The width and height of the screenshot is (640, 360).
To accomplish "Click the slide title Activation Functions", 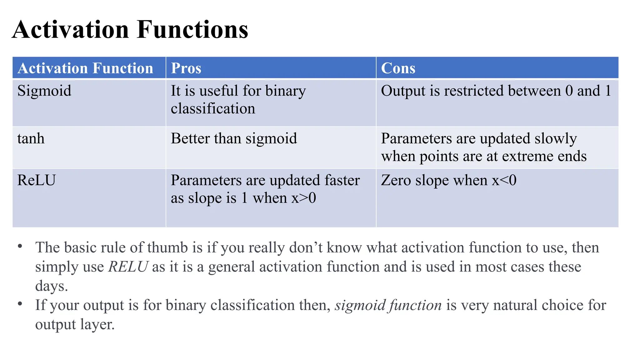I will [x=130, y=29].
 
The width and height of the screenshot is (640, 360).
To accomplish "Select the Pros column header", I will [x=186, y=68].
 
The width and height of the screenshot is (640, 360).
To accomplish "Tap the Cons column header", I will [x=398, y=68].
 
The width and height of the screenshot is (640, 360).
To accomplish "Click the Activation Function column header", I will [x=85, y=68].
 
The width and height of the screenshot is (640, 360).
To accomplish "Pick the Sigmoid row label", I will [x=44, y=91].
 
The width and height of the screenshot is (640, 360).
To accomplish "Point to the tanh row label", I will [x=31, y=138].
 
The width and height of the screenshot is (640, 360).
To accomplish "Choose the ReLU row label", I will [x=37, y=180].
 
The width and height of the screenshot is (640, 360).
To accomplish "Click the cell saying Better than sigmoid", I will [x=234, y=138].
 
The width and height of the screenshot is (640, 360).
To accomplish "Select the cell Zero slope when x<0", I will [x=448, y=180].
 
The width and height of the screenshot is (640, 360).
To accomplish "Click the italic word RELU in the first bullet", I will [x=128, y=267].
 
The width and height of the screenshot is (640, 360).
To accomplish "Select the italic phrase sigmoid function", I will [x=388, y=305].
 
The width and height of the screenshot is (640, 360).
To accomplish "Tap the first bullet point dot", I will [x=20, y=246].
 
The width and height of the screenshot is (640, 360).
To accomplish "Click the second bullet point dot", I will [x=20, y=304].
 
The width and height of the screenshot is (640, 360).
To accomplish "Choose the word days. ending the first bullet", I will [x=52, y=286].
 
